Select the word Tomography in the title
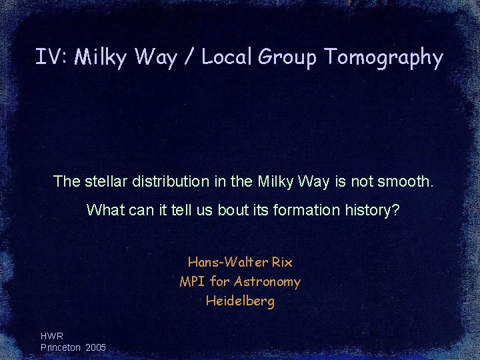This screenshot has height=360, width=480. pos(383,59)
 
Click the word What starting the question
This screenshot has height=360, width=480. pos(102,210)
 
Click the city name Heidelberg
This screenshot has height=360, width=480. pos(240,301)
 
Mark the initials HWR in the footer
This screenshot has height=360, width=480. pos(51,337)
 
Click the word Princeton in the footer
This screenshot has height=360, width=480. pos(61,347)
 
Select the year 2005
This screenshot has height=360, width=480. pos(96,347)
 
